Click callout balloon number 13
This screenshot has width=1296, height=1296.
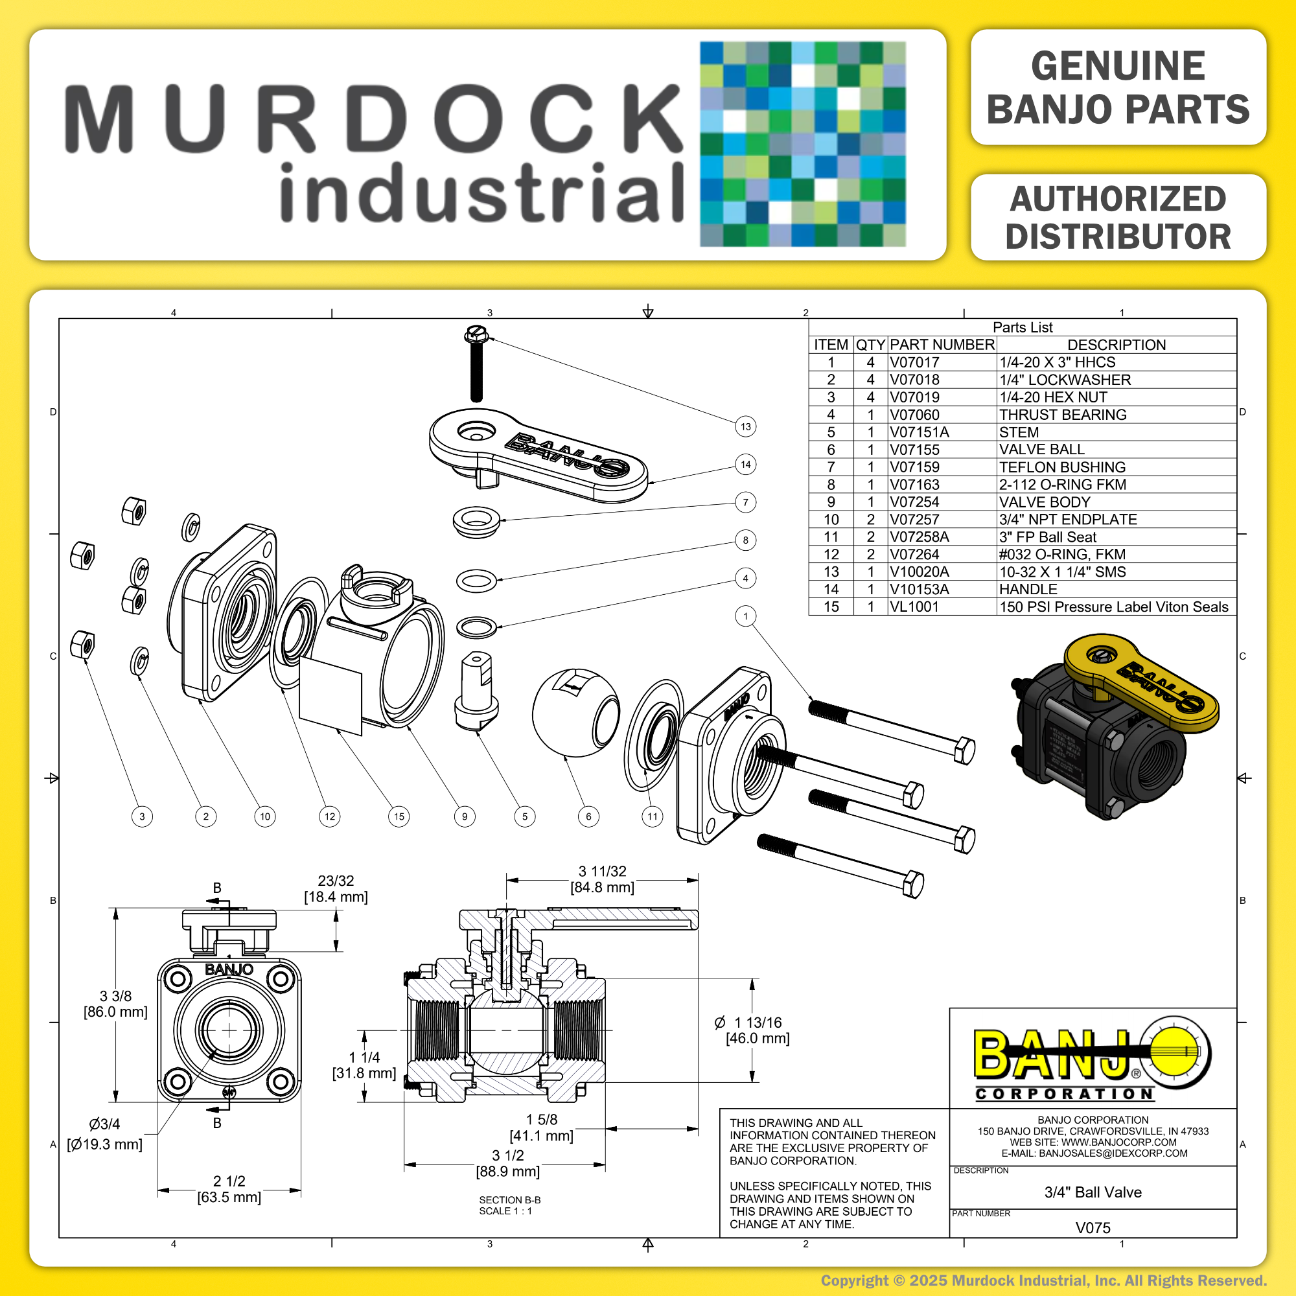pos(745,426)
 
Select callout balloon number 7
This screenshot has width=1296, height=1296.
pos(745,502)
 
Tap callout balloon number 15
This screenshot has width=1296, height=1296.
pos(399,816)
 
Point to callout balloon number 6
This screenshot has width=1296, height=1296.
pos(588,816)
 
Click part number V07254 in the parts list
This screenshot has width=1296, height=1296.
pos(914,502)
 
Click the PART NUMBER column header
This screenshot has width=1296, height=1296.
pos(942,345)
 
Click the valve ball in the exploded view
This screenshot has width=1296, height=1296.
pos(576,712)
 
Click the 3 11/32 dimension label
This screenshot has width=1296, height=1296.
pos(603,872)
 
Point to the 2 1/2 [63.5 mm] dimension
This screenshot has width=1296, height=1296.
pos(229,1189)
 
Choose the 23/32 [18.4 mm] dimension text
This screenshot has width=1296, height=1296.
pos(336,889)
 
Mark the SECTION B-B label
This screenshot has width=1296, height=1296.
pos(510,1200)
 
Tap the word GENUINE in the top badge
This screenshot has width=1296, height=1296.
pos(1118,65)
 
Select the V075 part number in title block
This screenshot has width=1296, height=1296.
pos(1093,1227)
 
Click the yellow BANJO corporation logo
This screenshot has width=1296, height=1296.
pos(1093,1059)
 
